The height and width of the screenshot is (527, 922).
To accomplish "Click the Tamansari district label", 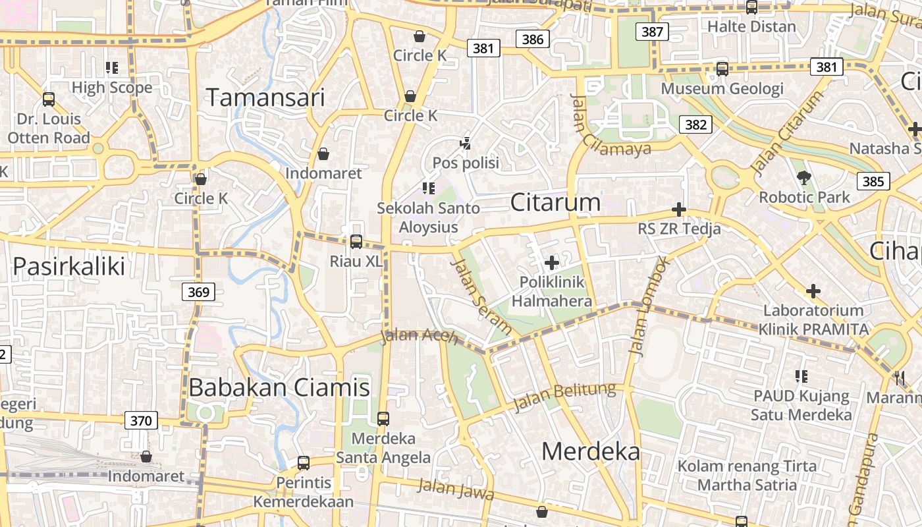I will coord(266,97).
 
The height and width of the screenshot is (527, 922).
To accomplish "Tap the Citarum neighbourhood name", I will coord(555,202).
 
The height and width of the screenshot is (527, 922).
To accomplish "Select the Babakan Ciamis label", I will coord(279,387).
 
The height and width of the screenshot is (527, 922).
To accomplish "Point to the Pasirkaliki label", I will coord(68,266).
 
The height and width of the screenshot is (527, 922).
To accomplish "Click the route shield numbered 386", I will coord(533,39).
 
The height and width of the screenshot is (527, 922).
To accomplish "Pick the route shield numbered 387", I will coord(652,31).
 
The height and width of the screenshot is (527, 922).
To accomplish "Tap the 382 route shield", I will coord(695,125).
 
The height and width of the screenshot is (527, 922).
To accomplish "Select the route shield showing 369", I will coord(198,292).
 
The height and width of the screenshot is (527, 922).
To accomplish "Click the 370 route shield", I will coord(141,420).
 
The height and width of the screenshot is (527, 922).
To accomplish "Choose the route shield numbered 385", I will coord(873,181).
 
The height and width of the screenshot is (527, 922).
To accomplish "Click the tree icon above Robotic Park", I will coord(803,177).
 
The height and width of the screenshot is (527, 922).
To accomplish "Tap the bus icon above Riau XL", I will coord(356,241).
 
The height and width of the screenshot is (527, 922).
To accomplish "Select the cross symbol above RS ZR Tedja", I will coord(678,210).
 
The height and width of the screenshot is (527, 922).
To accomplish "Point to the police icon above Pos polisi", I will coord(466,143).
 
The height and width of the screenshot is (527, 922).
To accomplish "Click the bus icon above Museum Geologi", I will coord(722,69).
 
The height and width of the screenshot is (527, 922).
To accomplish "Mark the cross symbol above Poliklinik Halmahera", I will coord(552,263).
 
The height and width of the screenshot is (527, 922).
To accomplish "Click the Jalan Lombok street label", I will coord(648,306).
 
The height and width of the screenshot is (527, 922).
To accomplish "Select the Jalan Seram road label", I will coord(481,296).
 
